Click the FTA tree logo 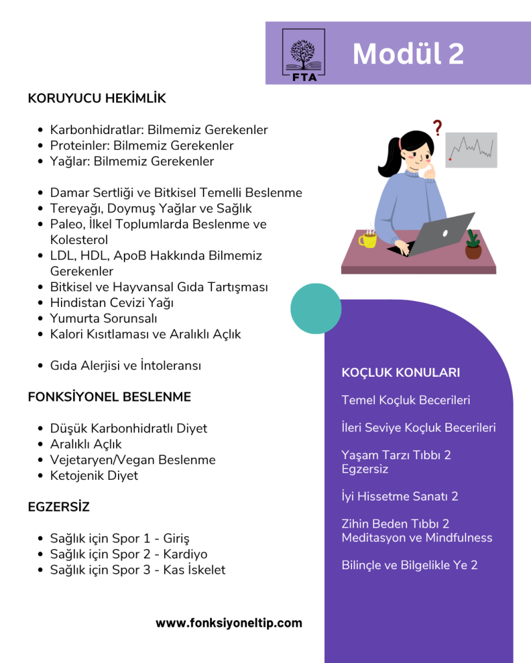click(304, 53)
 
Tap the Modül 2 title click(408, 54)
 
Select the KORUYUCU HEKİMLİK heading click(97, 98)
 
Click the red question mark click(438, 128)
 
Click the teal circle click(316, 308)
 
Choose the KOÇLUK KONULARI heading click(401, 372)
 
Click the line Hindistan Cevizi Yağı click(112, 302)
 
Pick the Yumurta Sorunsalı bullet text click(104, 319)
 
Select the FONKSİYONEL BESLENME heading click(110, 397)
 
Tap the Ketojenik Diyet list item click(94, 476)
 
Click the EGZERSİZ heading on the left click(59, 506)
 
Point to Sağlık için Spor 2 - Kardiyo click(129, 554)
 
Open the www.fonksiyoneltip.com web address click(229, 623)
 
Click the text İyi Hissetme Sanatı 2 click(400, 497)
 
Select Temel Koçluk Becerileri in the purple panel click(406, 400)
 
